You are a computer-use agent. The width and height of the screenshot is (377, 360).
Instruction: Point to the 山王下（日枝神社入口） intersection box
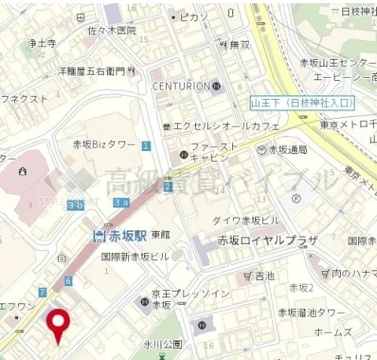pyautogui.click(x=303, y=103)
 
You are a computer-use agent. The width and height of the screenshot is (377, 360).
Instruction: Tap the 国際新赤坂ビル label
pyautogui.click(x=135, y=256)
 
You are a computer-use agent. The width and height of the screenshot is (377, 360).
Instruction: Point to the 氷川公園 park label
pyautogui.click(x=163, y=344)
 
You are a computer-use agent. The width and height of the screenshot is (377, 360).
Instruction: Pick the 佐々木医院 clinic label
pyautogui.click(x=111, y=31)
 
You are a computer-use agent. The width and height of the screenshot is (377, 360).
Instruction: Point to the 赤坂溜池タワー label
pyautogui.click(x=311, y=312)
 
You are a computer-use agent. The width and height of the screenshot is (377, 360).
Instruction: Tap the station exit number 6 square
pyautogui.click(x=68, y=281)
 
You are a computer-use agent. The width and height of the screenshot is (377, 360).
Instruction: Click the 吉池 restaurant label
pyautogui.click(x=264, y=276)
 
